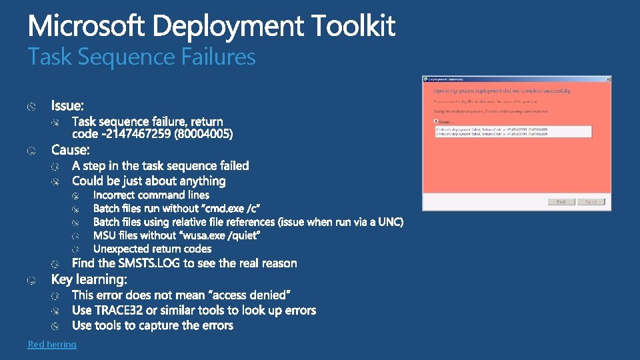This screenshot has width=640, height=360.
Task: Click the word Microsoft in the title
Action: tap(87, 27)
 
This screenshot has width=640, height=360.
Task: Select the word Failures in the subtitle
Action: tap(219, 57)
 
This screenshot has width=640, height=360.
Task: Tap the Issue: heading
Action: tap(68, 105)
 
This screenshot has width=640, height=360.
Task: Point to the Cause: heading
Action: tap(70, 149)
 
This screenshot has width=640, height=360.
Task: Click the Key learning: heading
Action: tap(89, 279)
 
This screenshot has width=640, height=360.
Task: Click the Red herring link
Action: tap(52, 344)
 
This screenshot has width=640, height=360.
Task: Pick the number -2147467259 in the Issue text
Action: tap(137, 135)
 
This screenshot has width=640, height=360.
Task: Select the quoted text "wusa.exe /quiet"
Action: tap(221, 235)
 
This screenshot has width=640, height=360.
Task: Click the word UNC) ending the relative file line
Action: tap(390, 222)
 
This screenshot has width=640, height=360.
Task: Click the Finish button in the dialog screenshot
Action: tap(561, 201)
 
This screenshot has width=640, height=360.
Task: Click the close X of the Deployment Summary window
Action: tap(607, 79)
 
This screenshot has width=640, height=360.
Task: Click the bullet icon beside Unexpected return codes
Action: tap(76, 249)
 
